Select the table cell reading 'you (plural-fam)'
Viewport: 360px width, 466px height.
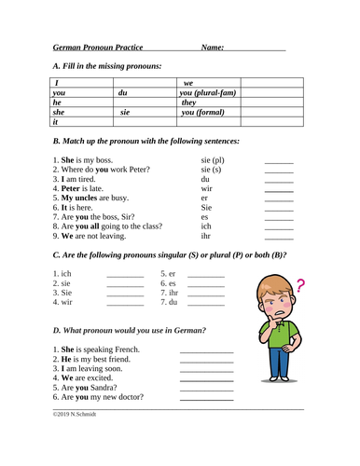(213, 93)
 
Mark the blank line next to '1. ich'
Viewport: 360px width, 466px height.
(124, 276)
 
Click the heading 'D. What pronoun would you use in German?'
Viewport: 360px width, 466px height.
(130, 330)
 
